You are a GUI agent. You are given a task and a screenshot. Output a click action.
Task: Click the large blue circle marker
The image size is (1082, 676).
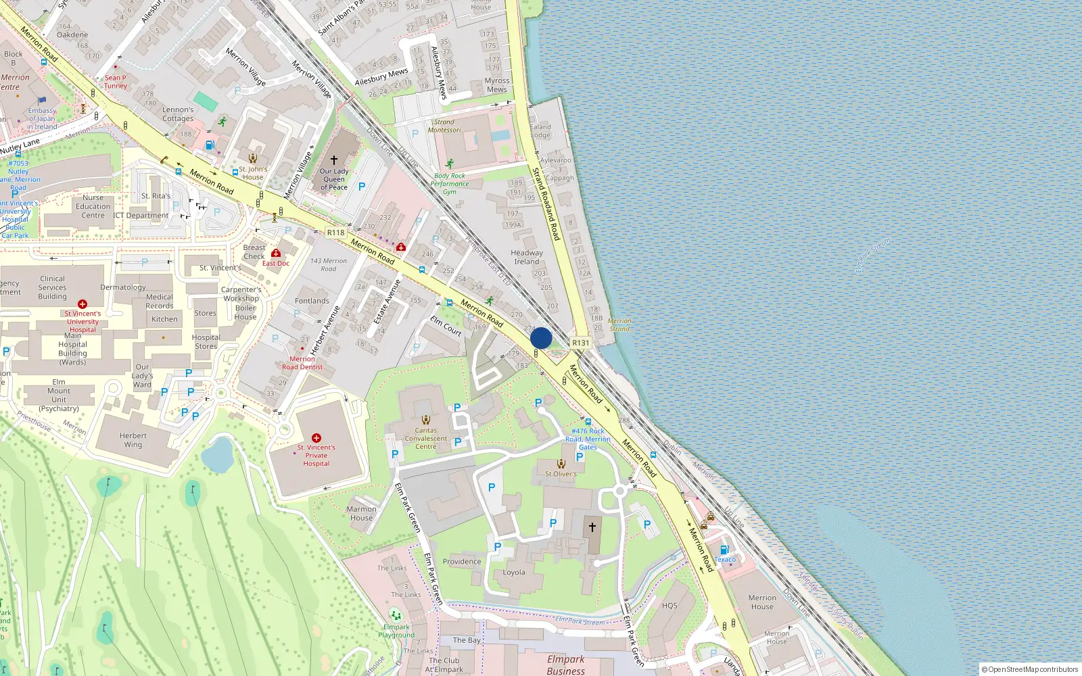click(x=541, y=338)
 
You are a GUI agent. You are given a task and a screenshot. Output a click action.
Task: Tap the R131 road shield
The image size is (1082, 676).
click(x=580, y=343)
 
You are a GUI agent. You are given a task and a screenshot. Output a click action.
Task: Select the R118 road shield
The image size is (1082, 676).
click(x=335, y=233)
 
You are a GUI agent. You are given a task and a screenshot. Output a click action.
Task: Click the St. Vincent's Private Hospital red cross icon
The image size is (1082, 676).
click(x=316, y=438)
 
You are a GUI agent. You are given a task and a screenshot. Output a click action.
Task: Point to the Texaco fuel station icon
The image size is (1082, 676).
click(x=724, y=550)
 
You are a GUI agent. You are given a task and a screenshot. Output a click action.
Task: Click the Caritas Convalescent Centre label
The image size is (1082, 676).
click(x=426, y=438)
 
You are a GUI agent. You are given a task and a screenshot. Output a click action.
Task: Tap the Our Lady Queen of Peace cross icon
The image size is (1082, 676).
click(x=333, y=160)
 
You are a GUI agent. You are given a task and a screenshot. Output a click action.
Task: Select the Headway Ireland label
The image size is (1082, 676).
click(x=527, y=257)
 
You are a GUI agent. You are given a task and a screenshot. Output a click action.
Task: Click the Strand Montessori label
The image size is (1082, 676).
click(x=444, y=126)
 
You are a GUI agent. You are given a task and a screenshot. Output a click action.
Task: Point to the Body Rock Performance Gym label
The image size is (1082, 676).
click(x=450, y=183)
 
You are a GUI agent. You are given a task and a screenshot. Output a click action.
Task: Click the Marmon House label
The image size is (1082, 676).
click(x=362, y=514)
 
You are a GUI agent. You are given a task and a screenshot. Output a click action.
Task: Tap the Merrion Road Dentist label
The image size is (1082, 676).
click(x=302, y=363)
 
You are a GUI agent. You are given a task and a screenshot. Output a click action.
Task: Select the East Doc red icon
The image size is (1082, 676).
click(x=276, y=254)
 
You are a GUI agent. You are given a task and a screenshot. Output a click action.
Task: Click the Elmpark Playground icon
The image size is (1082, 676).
click(x=396, y=616)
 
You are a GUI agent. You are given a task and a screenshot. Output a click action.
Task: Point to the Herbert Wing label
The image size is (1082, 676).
click(x=133, y=440)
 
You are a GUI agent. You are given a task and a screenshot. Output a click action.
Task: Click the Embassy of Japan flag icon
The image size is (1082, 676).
click(x=42, y=101)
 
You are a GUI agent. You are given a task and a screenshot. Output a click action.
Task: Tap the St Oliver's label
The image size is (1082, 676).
click(x=561, y=474)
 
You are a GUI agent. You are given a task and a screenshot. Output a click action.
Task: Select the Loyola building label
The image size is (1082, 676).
click(x=514, y=573)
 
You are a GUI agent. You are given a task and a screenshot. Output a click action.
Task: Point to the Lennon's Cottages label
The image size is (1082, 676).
click(x=178, y=114)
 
